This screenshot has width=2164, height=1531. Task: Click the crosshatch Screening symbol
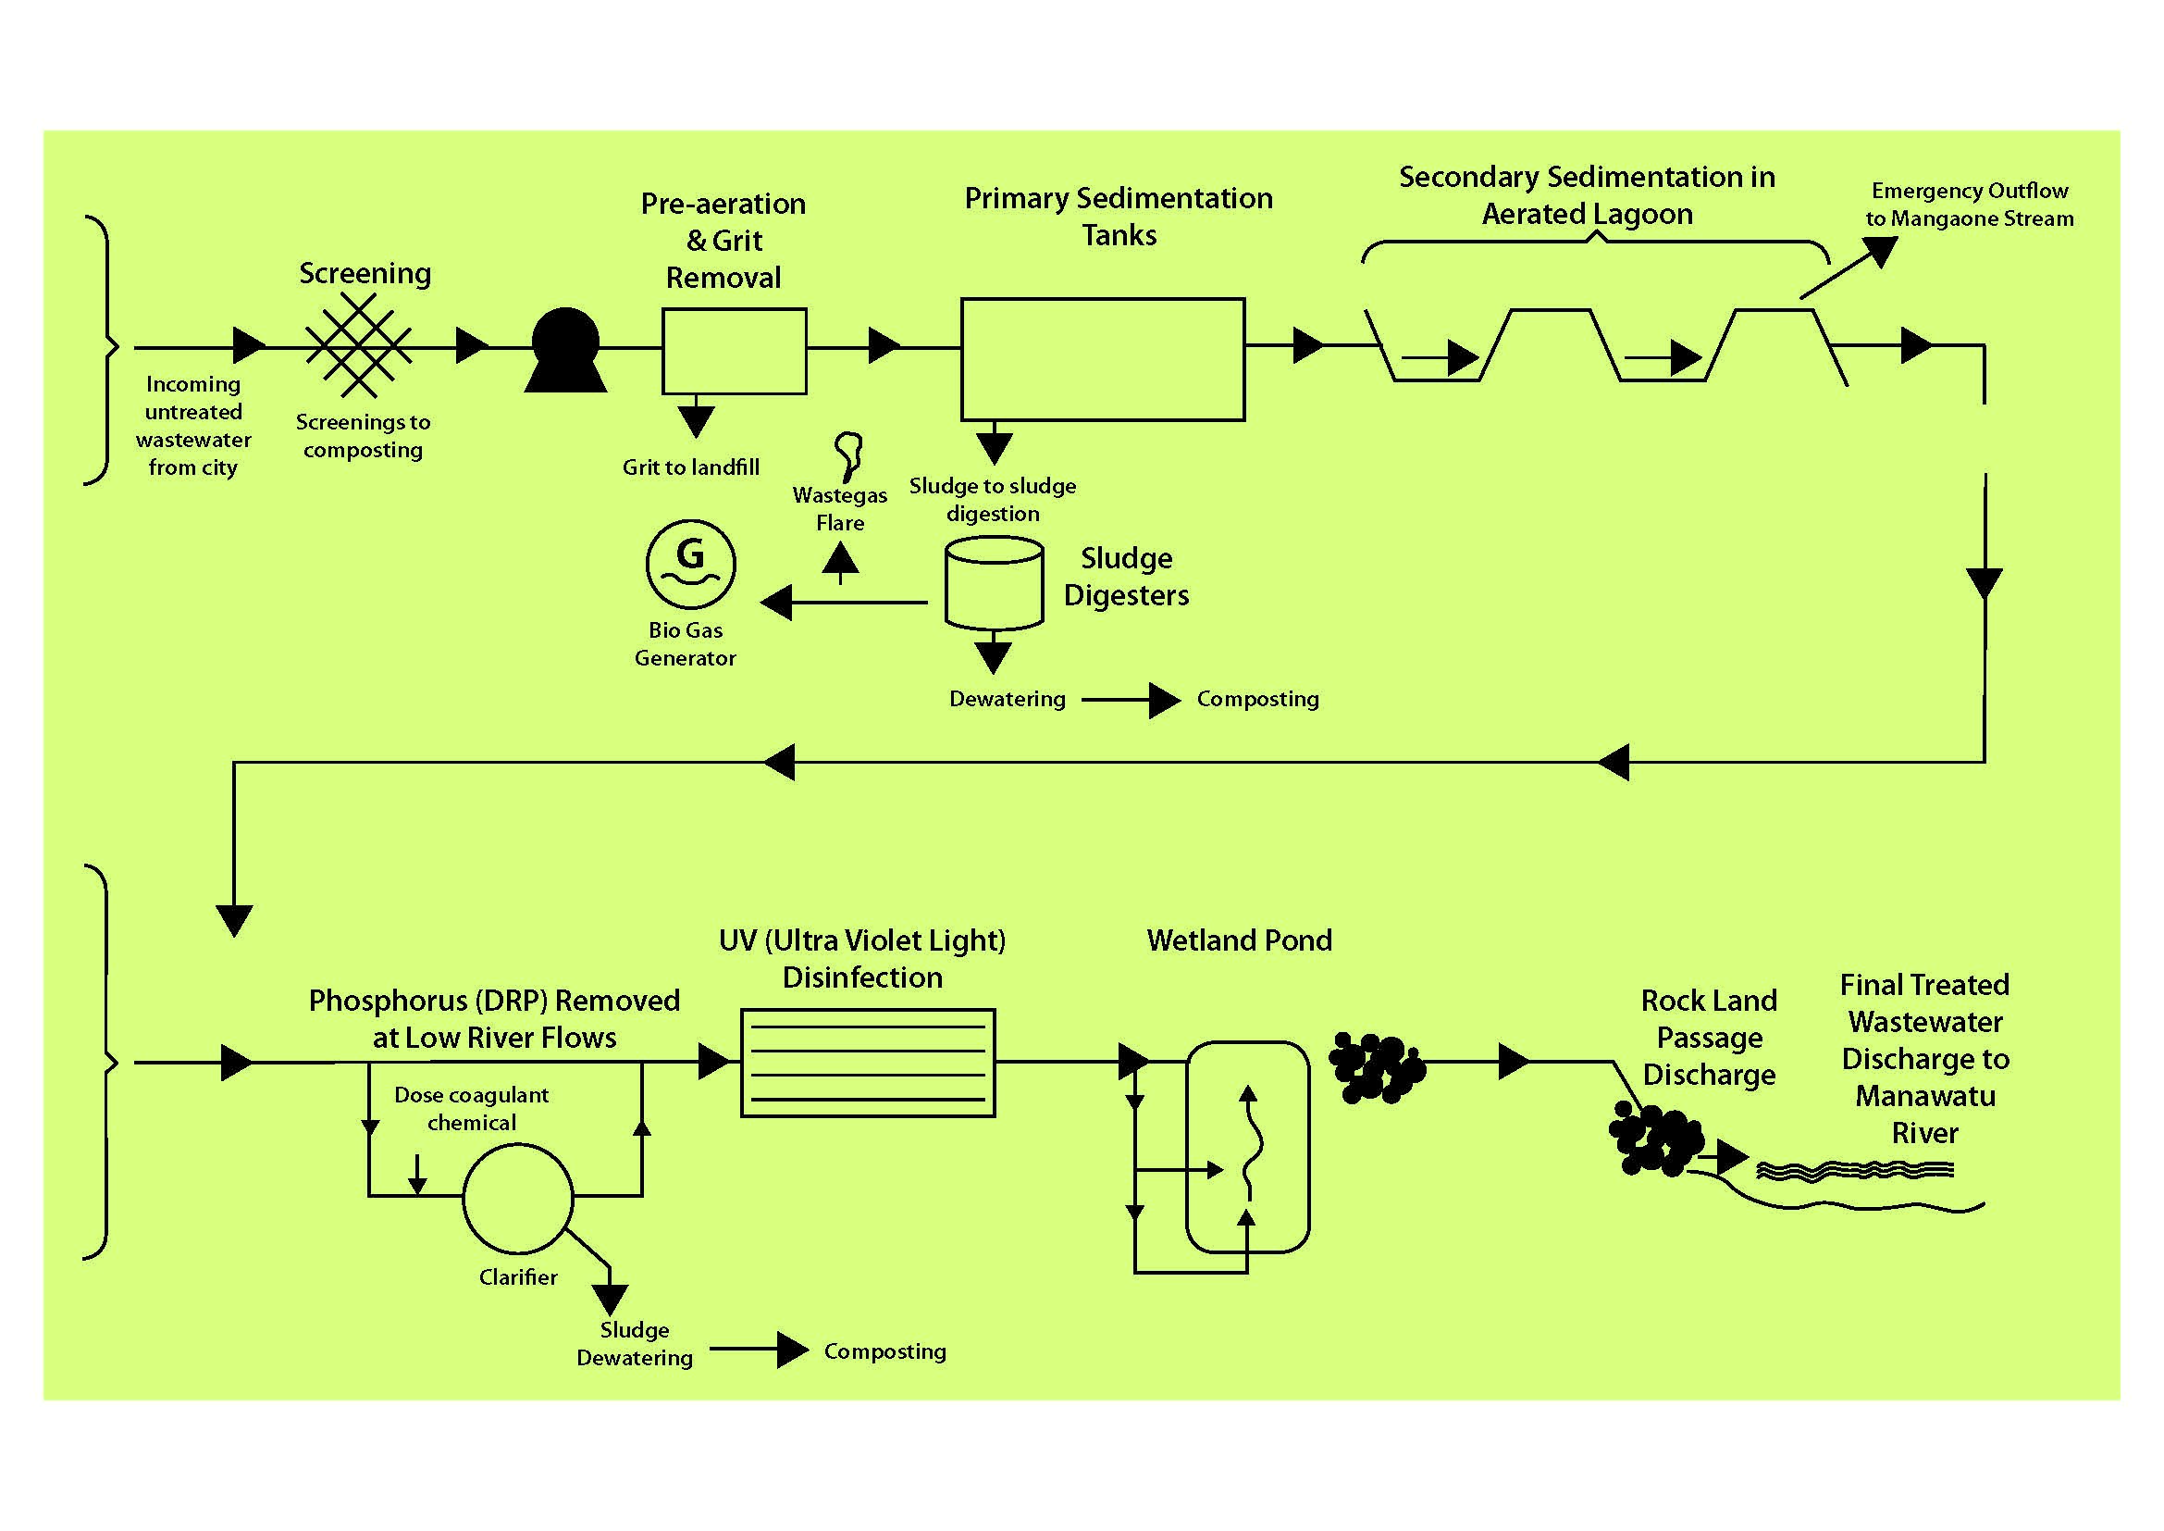(359, 346)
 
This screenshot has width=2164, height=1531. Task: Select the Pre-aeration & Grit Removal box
(735, 351)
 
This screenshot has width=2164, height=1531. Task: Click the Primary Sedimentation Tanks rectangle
(1103, 359)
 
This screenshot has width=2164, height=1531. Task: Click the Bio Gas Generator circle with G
(691, 565)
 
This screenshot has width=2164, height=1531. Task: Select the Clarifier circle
(517, 1198)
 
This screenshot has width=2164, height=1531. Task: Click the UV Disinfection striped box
(867, 1063)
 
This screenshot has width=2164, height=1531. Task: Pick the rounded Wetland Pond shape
(1247, 1146)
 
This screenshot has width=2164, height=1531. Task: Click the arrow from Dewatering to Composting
(1131, 701)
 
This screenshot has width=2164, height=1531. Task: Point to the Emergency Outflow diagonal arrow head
(1880, 251)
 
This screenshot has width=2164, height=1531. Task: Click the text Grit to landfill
(691, 467)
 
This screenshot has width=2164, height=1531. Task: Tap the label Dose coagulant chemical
(471, 1109)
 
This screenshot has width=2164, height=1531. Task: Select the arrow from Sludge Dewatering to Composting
(759, 1350)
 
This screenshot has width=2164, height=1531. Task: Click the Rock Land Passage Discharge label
(1709, 1037)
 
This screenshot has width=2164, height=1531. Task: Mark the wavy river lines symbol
(1855, 1171)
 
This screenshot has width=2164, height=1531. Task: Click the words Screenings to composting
(363, 436)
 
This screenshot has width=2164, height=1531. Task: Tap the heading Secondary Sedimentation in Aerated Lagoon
(1588, 195)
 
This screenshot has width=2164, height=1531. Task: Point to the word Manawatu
(1924, 1096)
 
